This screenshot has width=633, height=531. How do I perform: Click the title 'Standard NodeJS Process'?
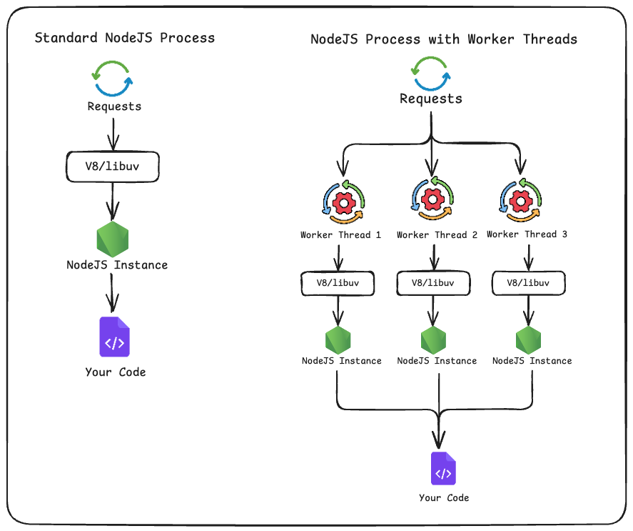click(x=125, y=38)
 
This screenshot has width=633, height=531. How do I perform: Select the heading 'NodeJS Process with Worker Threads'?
click(x=443, y=39)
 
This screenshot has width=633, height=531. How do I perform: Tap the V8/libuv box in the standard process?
click(x=112, y=167)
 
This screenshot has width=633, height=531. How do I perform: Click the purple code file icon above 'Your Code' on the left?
click(x=114, y=336)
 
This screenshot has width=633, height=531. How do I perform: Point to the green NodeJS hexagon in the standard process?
click(x=113, y=239)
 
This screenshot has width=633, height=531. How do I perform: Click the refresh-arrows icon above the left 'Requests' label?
click(x=113, y=77)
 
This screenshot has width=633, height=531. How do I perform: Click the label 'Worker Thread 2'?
click(x=437, y=235)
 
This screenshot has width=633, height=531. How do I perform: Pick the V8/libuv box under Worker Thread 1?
click(x=338, y=283)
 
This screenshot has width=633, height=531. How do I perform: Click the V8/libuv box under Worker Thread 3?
click(x=528, y=283)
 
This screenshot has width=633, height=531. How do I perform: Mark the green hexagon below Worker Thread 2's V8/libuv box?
click(x=433, y=339)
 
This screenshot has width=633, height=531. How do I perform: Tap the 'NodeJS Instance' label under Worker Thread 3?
click(x=532, y=361)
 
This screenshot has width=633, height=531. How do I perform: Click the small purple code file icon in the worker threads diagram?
click(x=443, y=469)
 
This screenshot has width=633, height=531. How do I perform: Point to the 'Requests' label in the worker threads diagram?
click(x=430, y=99)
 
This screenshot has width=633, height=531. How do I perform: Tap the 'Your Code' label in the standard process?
click(x=115, y=372)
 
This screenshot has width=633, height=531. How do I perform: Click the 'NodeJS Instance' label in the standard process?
click(x=117, y=265)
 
